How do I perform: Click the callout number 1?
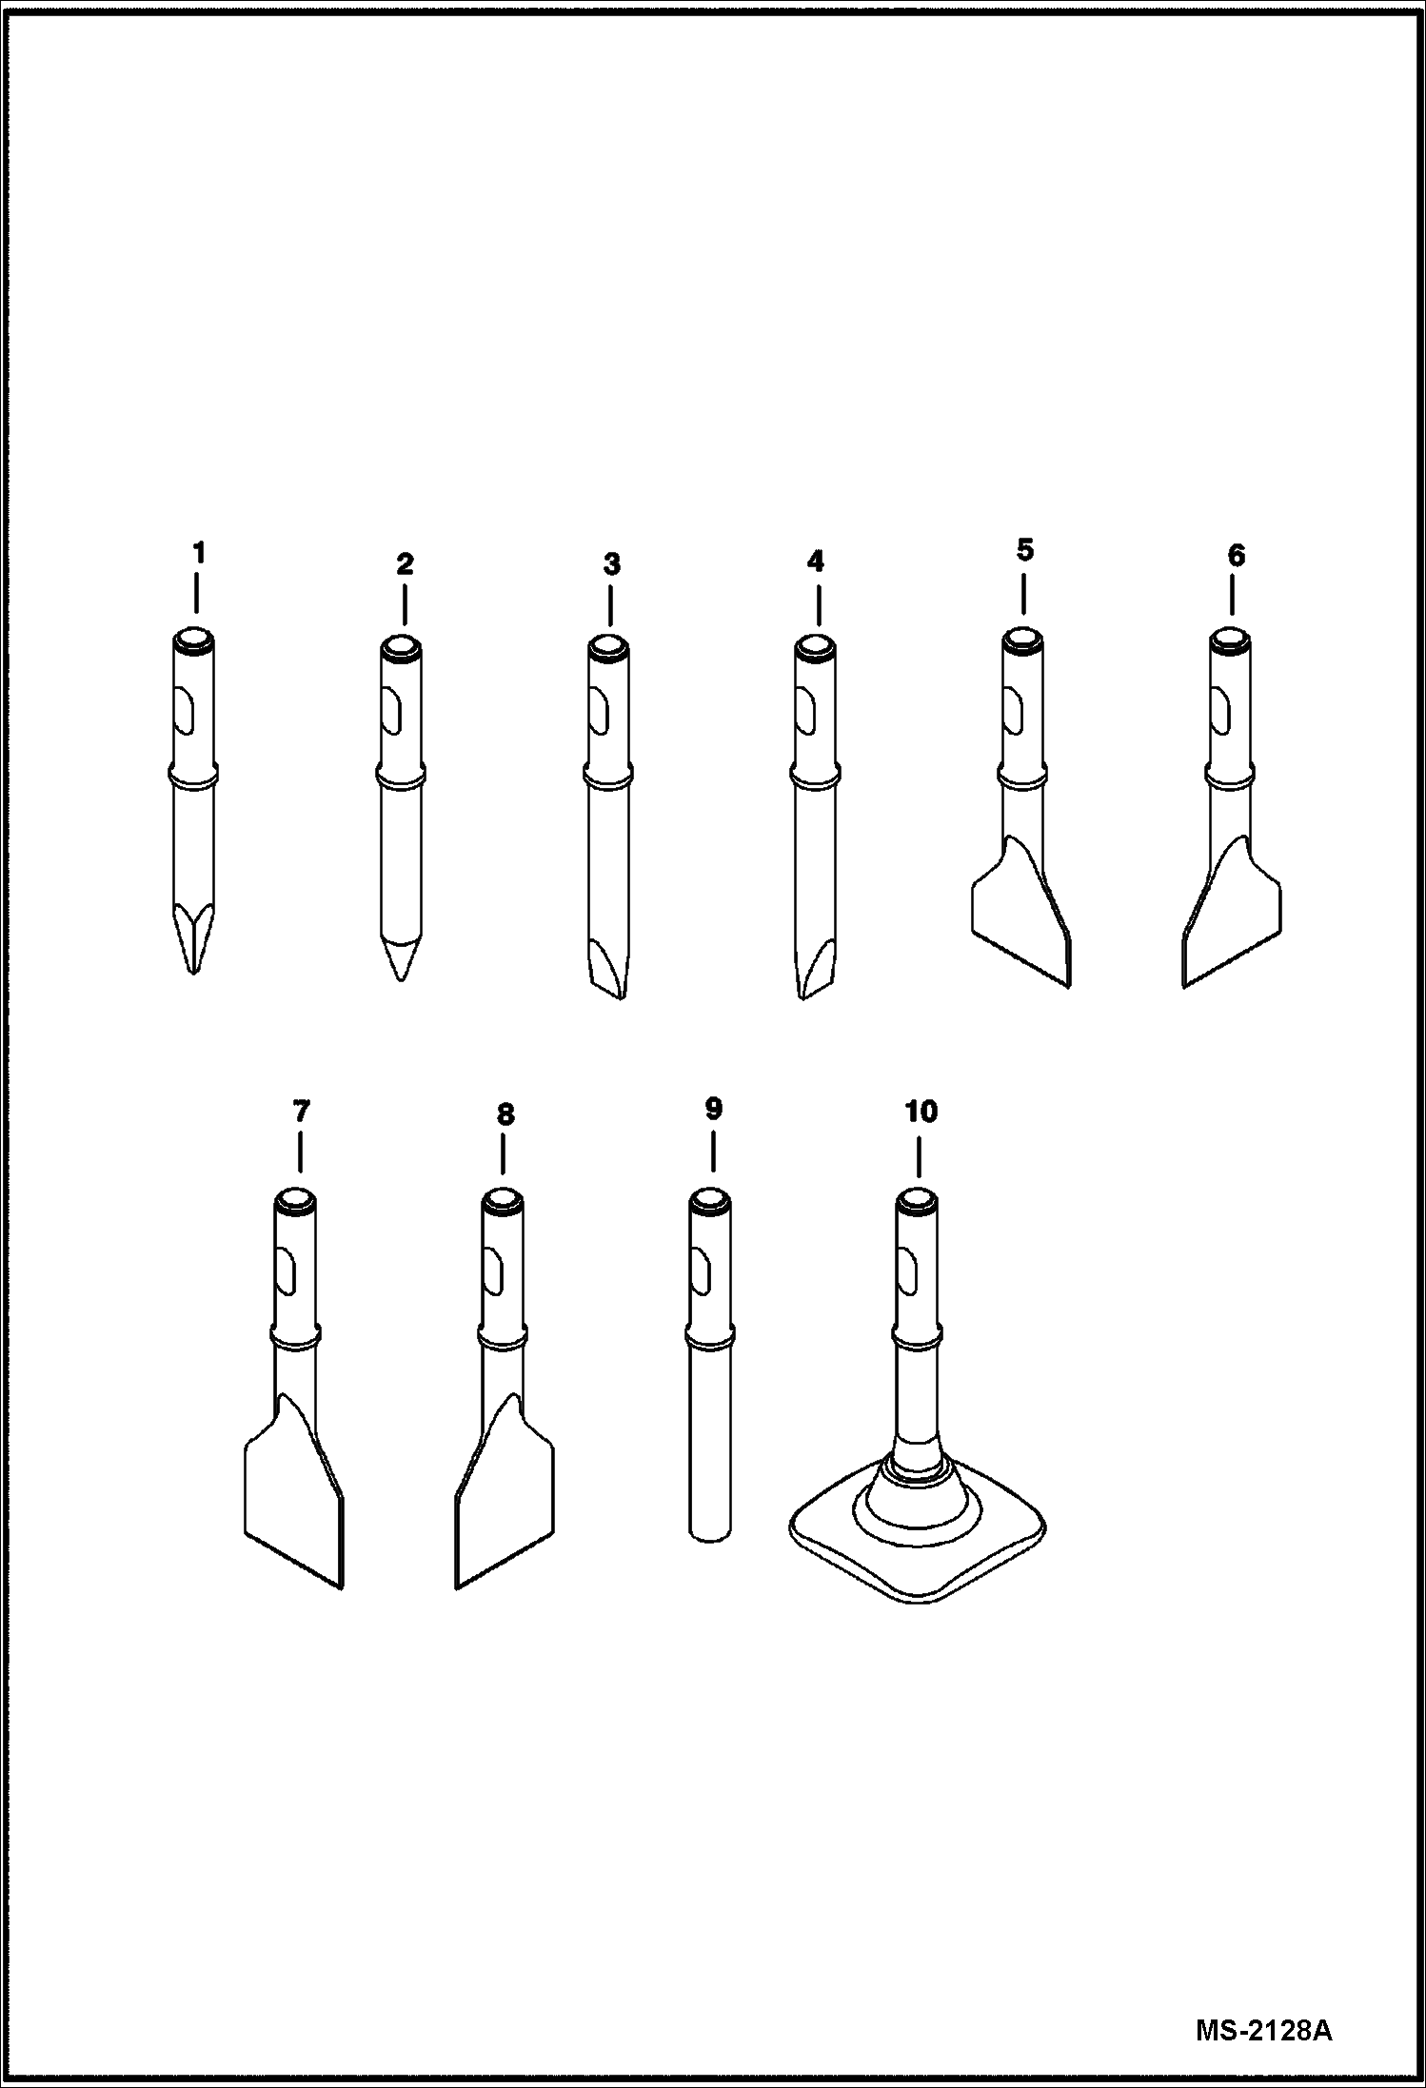tap(198, 553)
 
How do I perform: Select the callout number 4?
tap(816, 561)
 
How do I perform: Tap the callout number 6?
tap(1236, 556)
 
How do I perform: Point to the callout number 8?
tap(505, 1114)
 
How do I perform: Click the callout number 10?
tap(921, 1112)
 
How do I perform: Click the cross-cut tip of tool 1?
tap(193, 942)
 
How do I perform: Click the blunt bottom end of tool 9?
tap(709, 1532)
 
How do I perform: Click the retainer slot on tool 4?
tap(805, 713)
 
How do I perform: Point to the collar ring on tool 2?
tap(400, 778)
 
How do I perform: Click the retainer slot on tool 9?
tap(700, 1273)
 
